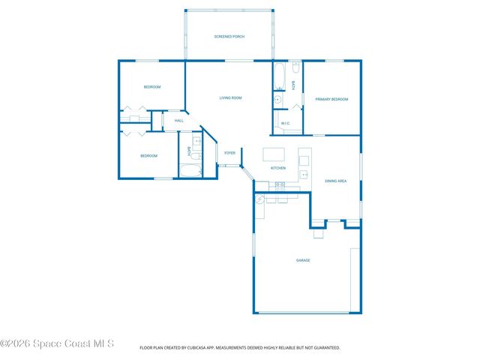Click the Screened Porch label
pos(229,36)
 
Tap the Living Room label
pos(230,97)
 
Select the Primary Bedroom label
pos(331,99)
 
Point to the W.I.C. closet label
pos(286,123)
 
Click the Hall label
pos(179,120)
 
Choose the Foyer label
pos(230,152)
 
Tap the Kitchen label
pos(278,168)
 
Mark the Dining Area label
pos(335,181)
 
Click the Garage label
pos(303,260)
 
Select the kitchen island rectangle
pos(273,155)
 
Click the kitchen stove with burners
pos(280,184)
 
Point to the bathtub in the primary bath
pos(278,76)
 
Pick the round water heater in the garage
pos(260,200)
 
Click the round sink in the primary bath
pos(277,98)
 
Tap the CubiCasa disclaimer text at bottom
pos(240,347)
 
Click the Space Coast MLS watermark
pos(57,343)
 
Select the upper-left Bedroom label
pos(152,87)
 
